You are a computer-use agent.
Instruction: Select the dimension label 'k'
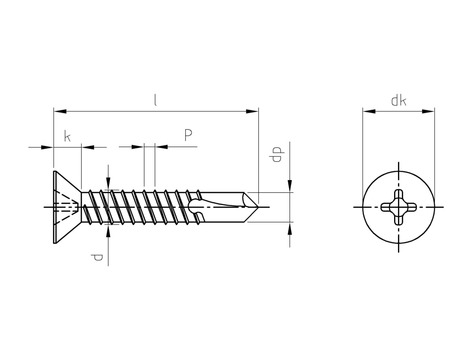click(x=67, y=136)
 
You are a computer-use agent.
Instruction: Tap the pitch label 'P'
click(x=188, y=135)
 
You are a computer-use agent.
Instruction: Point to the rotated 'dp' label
click(x=277, y=154)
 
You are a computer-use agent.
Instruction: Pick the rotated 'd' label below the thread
click(x=96, y=257)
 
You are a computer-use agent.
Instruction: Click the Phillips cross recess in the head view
click(x=398, y=207)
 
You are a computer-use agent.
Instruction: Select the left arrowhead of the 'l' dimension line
click(x=60, y=111)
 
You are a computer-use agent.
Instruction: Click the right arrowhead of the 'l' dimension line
click(x=252, y=111)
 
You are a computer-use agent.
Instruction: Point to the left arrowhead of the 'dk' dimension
click(x=369, y=111)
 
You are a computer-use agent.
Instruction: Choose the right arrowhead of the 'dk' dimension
click(x=428, y=111)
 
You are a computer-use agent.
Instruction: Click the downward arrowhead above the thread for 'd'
click(x=108, y=184)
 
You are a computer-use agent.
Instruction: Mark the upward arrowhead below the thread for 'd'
click(x=108, y=231)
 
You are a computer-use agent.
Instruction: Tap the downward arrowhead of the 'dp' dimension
click(x=289, y=186)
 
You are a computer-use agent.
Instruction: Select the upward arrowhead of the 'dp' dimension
click(x=289, y=228)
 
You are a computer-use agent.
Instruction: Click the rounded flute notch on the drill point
click(x=195, y=207)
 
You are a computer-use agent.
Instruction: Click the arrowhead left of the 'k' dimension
click(x=47, y=147)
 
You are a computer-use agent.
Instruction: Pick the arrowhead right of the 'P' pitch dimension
click(x=161, y=147)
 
